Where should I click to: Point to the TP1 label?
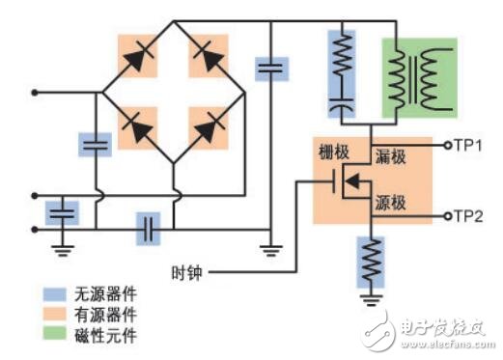coord(470,145)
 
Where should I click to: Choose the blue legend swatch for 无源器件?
coord(49,293)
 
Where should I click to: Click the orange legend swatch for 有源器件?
coord(49,312)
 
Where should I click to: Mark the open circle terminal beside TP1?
coord(448,145)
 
